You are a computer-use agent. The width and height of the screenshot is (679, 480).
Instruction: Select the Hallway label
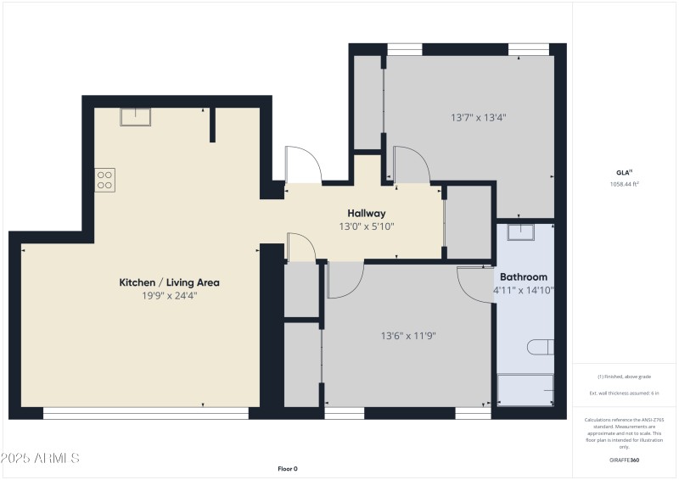coord(367,213)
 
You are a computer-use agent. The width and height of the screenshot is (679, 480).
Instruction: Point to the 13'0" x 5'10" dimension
coord(367,226)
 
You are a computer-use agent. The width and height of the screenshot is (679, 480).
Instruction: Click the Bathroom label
coord(523,276)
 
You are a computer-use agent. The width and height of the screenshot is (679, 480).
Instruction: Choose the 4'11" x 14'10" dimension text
coord(523,290)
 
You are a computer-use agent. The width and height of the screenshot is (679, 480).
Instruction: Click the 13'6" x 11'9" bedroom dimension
coord(407,336)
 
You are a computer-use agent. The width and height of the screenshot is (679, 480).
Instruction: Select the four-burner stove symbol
coord(105,179)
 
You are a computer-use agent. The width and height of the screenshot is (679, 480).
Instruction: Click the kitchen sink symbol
coord(135,117)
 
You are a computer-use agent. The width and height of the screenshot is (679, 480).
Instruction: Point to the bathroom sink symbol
coord(519,231)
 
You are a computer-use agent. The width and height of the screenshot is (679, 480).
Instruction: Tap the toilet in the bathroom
coord(540,347)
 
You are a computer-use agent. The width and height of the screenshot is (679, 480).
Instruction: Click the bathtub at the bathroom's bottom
coord(525,390)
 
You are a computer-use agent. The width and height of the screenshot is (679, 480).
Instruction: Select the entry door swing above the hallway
coord(302,164)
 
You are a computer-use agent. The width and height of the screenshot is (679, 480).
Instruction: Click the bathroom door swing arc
coord(475,282)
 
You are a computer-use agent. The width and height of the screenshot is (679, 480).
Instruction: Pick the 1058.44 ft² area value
coord(624,184)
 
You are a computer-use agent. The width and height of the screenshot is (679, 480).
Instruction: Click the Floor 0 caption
coord(288,468)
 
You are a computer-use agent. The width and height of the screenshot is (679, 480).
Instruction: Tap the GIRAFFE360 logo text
coord(624,459)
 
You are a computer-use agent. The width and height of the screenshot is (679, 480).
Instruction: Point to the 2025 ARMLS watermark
coord(40,458)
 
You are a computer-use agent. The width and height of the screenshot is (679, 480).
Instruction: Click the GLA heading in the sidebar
coord(624,172)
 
